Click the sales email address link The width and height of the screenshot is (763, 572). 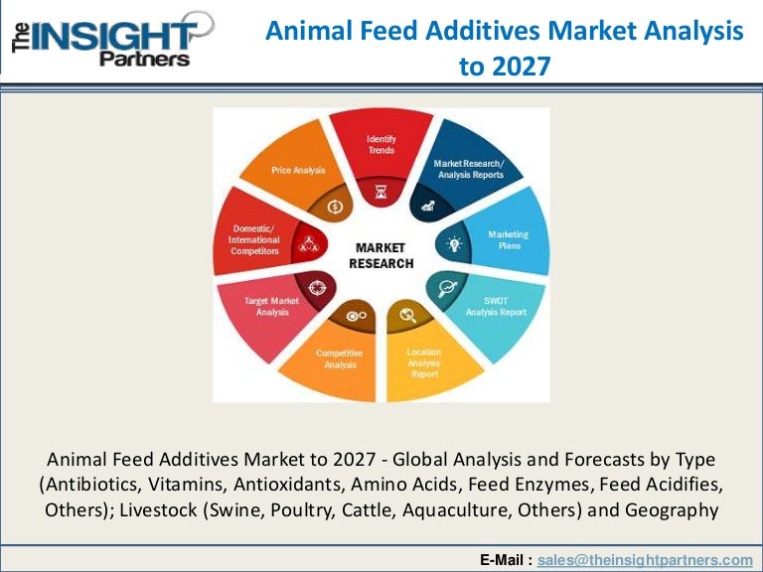click(x=645, y=560)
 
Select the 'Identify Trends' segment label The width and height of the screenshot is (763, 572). click(x=381, y=144)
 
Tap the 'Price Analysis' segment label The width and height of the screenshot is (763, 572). click(x=298, y=171)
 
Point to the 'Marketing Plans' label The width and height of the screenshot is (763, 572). click(x=508, y=239)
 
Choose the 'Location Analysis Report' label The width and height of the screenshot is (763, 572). click(x=424, y=362)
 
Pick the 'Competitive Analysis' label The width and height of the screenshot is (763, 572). click(x=339, y=358)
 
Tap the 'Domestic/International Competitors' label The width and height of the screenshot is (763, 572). click(x=255, y=239)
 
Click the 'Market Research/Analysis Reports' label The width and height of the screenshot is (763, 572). click(x=468, y=168)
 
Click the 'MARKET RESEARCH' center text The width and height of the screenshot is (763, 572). click(x=381, y=255)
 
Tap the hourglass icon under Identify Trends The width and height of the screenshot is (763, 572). click(x=381, y=192)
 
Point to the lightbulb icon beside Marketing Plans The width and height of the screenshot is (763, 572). click(x=454, y=243)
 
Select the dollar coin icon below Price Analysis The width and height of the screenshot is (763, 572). click(x=334, y=207)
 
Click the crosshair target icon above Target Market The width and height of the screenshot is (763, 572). click(x=315, y=286)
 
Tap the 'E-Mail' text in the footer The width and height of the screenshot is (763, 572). click(x=505, y=560)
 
